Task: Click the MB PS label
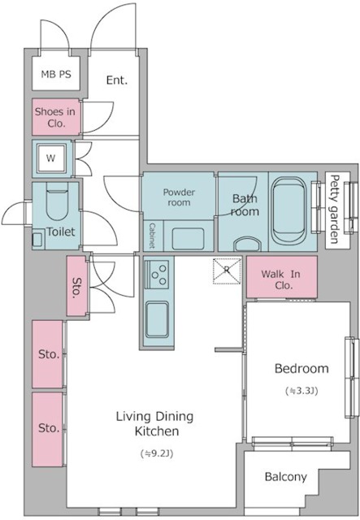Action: click(56, 74)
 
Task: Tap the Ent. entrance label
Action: click(117, 80)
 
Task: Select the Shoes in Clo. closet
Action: click(56, 117)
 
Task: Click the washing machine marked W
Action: click(50, 158)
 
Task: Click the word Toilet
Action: click(61, 232)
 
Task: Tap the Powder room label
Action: click(179, 197)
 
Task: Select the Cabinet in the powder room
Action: click(153, 236)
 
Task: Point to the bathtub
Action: click(288, 210)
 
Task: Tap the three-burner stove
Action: click(157, 275)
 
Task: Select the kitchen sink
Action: click(157, 319)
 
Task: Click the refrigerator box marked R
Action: click(227, 271)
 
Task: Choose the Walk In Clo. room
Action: click(282, 277)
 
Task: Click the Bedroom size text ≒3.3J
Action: click(301, 391)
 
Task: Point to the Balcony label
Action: click(286, 477)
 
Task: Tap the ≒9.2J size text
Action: click(157, 453)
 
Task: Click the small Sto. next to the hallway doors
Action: click(76, 286)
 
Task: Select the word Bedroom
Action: click(301, 368)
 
